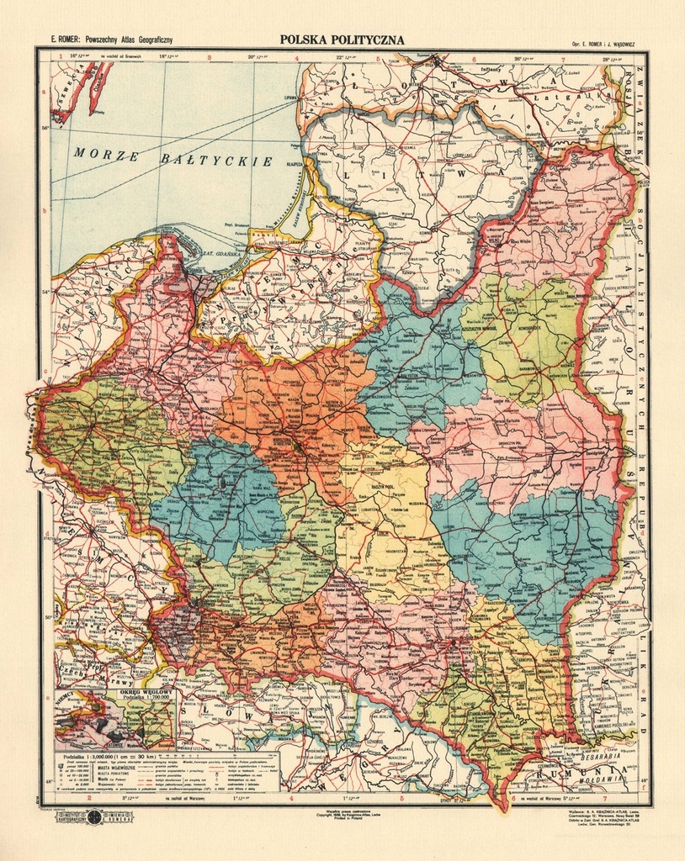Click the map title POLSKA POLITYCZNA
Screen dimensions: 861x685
point(342,40)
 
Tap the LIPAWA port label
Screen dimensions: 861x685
point(292,98)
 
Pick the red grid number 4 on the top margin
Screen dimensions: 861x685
point(296,58)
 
